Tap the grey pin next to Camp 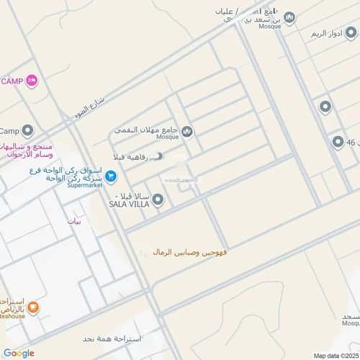pyautogui.click(x=28, y=130)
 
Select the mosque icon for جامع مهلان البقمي pyautogui.click(x=187, y=131)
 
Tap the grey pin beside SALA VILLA pyautogui.click(x=158, y=199)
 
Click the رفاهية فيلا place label pyautogui.click(x=132, y=156)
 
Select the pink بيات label pyautogui.click(x=74, y=221)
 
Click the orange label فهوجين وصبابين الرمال pyautogui.click(x=193, y=252)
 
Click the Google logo pyautogui.click(x=18, y=353)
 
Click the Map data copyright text pyautogui.click(x=336, y=355)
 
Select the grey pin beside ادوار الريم pyautogui.click(x=325, y=107)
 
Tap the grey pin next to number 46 pyautogui.click(x=336, y=142)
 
